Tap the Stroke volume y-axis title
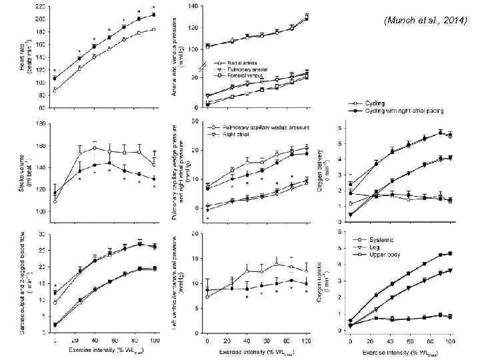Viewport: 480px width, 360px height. tap(25, 167)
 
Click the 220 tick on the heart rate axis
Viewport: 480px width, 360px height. tap(41, 6)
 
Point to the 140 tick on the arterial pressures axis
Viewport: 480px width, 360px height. tap(193, 6)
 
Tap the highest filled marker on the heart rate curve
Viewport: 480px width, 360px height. tap(153, 15)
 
